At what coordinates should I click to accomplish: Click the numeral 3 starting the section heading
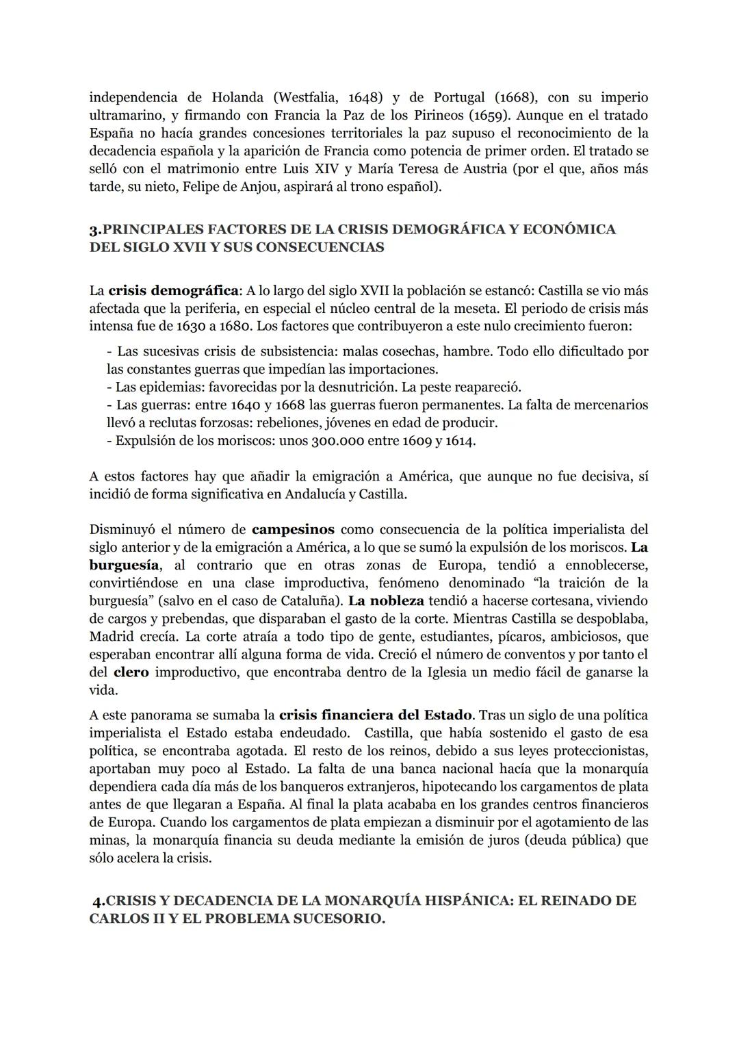tap(93, 229)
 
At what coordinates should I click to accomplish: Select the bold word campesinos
tap(293, 530)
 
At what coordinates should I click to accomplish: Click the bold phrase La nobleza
tap(387, 601)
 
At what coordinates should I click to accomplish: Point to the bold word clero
tap(131, 672)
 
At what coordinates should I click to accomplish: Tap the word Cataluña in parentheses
tap(312, 601)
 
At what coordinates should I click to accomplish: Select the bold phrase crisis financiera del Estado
tap(376, 715)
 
